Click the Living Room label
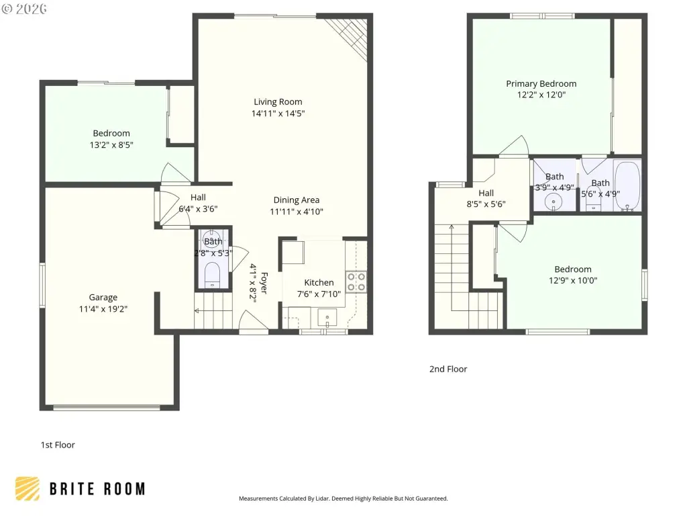278,102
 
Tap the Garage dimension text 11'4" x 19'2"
103,309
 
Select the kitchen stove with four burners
356,282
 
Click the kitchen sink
327,318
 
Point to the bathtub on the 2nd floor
627,186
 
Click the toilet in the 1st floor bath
213,274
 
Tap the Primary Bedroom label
541,84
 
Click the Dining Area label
296,200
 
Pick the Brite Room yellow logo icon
27,488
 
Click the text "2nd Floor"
448,369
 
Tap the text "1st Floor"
58,445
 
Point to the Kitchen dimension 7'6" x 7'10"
319,294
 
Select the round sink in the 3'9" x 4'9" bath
553,202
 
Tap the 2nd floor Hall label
486,193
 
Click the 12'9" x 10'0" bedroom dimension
573,280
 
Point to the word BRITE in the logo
72,489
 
